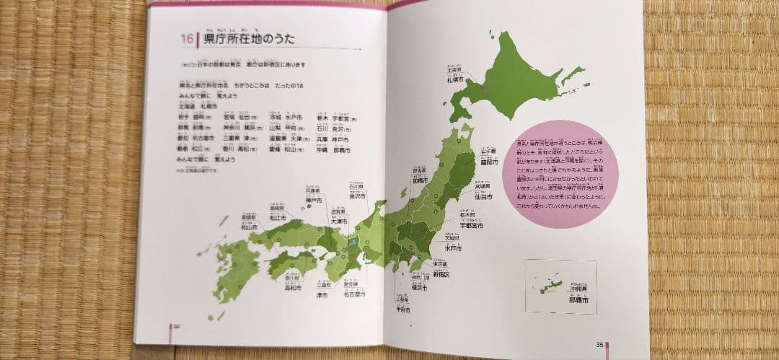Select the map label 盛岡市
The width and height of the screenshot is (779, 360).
490,162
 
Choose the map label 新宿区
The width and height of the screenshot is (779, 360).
441,274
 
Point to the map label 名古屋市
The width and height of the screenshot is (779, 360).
353,294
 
